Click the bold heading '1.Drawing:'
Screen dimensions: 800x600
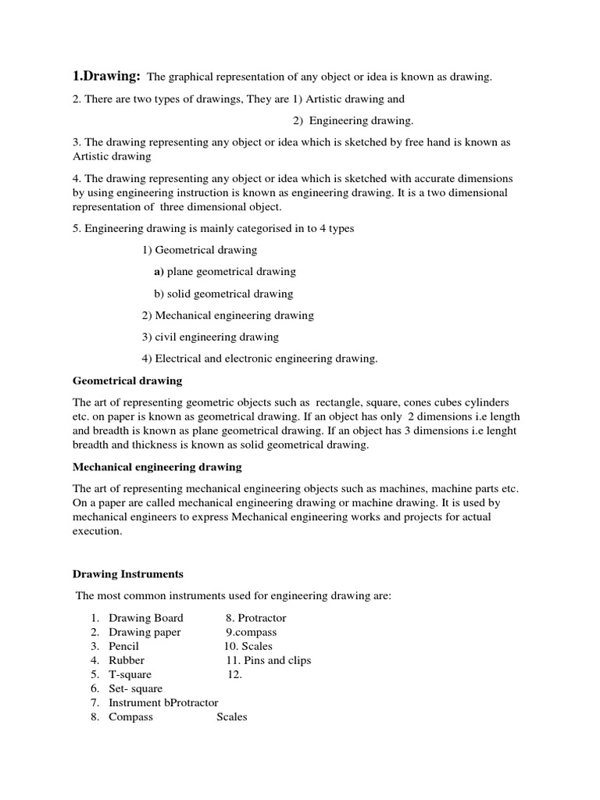(x=106, y=76)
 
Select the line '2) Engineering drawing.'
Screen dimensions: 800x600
(x=353, y=120)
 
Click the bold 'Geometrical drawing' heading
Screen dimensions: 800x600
(x=127, y=380)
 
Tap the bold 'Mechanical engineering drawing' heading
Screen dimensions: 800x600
(x=157, y=466)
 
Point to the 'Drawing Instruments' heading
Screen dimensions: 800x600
(x=128, y=573)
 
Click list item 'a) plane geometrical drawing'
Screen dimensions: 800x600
(x=225, y=272)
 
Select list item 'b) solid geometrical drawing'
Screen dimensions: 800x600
(x=223, y=294)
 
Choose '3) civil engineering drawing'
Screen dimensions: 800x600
(x=210, y=337)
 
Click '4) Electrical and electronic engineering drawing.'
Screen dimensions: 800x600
(x=260, y=359)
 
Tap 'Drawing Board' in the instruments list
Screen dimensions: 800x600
(x=145, y=618)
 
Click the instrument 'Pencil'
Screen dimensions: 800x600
(x=123, y=646)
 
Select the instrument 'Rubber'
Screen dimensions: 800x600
(x=126, y=660)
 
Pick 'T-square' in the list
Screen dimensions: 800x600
(x=130, y=674)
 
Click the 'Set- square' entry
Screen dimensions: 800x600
(x=135, y=688)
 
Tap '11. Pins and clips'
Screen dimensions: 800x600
(x=268, y=660)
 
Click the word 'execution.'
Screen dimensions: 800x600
(x=98, y=530)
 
